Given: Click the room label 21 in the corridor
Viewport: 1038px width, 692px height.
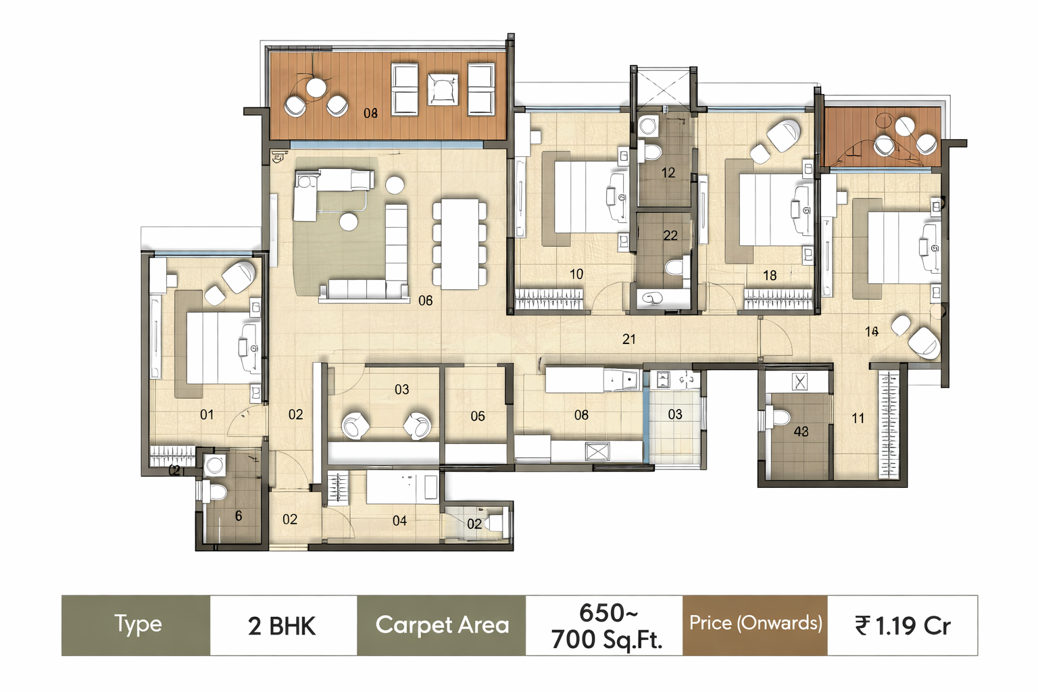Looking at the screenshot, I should (x=628, y=339).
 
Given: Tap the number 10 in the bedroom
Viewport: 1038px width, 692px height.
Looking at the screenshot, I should (x=576, y=274).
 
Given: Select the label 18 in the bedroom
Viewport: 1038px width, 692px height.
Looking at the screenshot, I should (x=769, y=276).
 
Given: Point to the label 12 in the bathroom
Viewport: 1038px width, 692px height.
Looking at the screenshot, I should (x=668, y=173).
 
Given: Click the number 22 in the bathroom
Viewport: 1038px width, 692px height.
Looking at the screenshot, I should (x=670, y=236).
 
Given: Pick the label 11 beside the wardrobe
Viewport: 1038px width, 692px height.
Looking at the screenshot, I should (x=858, y=418).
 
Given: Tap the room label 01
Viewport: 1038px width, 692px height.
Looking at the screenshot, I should (x=207, y=414).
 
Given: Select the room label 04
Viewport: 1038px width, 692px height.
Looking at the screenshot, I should (x=399, y=521).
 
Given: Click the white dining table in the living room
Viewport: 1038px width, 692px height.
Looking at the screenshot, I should (x=460, y=243).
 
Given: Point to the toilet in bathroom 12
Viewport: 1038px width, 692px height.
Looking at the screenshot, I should (x=651, y=151).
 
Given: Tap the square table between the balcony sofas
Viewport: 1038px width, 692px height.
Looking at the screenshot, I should (x=442, y=89).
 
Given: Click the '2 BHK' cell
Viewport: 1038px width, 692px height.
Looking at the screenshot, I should (x=282, y=626).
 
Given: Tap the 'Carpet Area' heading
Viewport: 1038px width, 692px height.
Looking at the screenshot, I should (x=442, y=625).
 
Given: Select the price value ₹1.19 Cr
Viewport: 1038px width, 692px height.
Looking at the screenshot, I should (x=902, y=626).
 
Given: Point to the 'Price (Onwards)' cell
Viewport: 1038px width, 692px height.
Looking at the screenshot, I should (x=755, y=623).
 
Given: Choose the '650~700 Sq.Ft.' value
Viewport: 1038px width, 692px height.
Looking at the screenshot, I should (x=606, y=626).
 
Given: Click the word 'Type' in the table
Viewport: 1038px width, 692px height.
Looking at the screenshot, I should (x=138, y=624).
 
